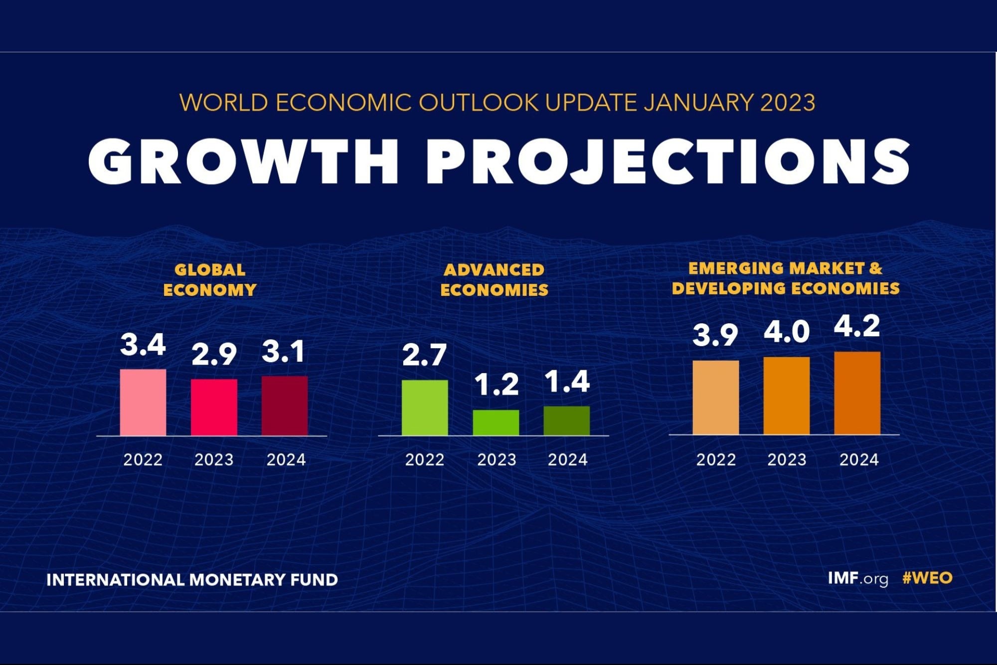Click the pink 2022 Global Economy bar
143,402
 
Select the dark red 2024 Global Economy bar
285,406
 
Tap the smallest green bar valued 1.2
496,423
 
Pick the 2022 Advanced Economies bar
425,408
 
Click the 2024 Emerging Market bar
857,393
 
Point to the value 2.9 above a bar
214,355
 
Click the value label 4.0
787,332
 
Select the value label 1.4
567,382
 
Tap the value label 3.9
715,335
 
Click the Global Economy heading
210,280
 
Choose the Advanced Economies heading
494,280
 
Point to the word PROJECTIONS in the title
668,162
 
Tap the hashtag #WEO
927,578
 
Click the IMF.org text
858,579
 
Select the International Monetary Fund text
192,580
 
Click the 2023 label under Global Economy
214,459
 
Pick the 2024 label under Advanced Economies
568,459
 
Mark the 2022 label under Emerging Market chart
716,459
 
